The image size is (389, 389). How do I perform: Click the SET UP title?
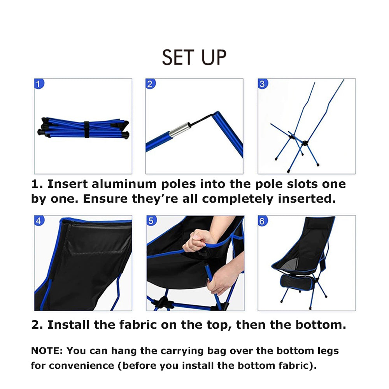pyautogui.click(x=194, y=57)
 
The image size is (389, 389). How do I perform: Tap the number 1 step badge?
pyautogui.click(x=39, y=84)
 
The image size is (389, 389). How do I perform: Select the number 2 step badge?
pyautogui.click(x=151, y=84)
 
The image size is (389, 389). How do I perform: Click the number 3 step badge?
pyautogui.click(x=263, y=84)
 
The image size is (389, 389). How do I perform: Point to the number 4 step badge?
pyautogui.click(x=39, y=221)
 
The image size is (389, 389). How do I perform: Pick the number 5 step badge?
pyautogui.click(x=152, y=221)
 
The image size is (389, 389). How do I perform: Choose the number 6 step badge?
pyautogui.click(x=263, y=221)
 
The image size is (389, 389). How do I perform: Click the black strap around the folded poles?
pyautogui.click(x=87, y=130)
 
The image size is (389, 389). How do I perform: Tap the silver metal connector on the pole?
pyautogui.click(x=180, y=130)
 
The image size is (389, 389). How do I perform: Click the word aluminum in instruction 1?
pyautogui.click(x=124, y=184)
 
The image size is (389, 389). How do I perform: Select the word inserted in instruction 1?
pyautogui.click(x=307, y=199)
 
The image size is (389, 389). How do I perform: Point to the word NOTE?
pyautogui.click(x=47, y=351)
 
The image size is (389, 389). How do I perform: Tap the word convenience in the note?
pyautogui.click(x=82, y=366)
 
